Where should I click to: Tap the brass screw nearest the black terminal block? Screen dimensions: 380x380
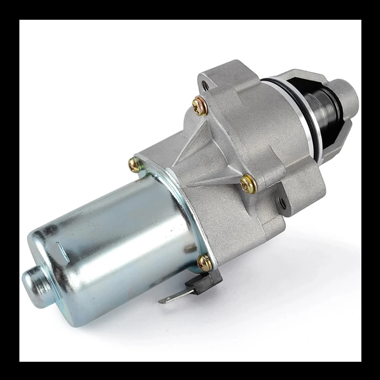click(x=205, y=262)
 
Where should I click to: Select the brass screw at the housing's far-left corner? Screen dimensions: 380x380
click(x=136, y=165)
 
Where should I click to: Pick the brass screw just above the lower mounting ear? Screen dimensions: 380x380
click(x=249, y=184)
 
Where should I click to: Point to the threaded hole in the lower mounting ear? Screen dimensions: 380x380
click(x=282, y=203)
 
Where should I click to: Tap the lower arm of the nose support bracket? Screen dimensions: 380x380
click(x=334, y=141)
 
